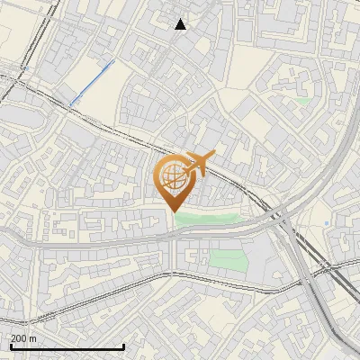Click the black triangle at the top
[x=181, y=24]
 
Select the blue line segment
[x=90, y=82]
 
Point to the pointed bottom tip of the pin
[x=172, y=211]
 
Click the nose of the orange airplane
[x=212, y=157]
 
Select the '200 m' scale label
[x=23, y=338]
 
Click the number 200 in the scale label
[x=19, y=338]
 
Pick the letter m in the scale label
[x=32, y=339]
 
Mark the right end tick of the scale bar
[x=123, y=346]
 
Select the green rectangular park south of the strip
[x=228, y=261]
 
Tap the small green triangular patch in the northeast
[x=303, y=101]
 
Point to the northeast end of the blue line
[x=112, y=63]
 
